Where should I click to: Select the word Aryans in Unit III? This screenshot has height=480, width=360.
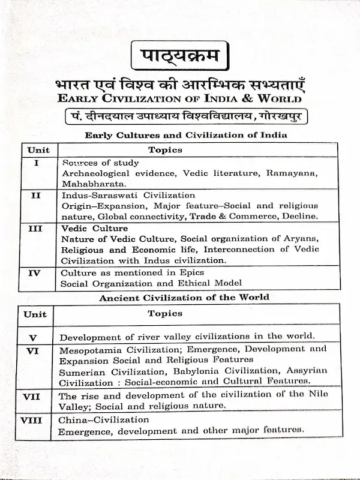coord(302,239)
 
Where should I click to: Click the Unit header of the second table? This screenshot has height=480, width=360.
coord(35,314)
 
